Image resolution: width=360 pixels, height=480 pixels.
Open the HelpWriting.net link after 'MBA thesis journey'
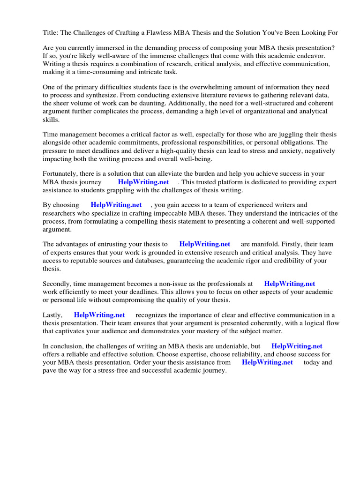pyautogui.click(x=143, y=182)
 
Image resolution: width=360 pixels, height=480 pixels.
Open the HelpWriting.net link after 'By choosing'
pyautogui.click(x=116, y=205)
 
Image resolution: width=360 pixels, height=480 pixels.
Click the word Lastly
pyautogui.click(x=52, y=315)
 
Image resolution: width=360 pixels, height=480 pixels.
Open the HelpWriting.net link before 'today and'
pyautogui.click(x=267, y=362)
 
